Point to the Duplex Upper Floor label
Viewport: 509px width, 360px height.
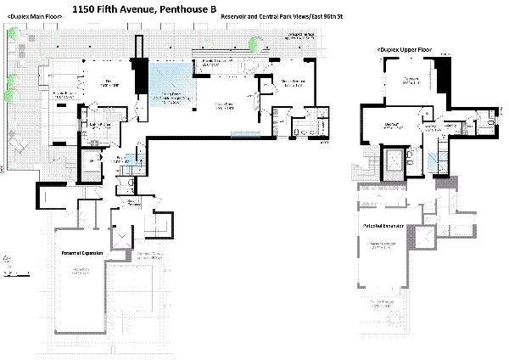[x=404, y=50]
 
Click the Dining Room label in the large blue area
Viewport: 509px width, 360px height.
[x=172, y=94]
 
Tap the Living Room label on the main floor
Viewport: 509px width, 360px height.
[x=224, y=105]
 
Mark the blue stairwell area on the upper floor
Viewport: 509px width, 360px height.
[x=434, y=160]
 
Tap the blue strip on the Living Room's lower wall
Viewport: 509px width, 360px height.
[x=244, y=134]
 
